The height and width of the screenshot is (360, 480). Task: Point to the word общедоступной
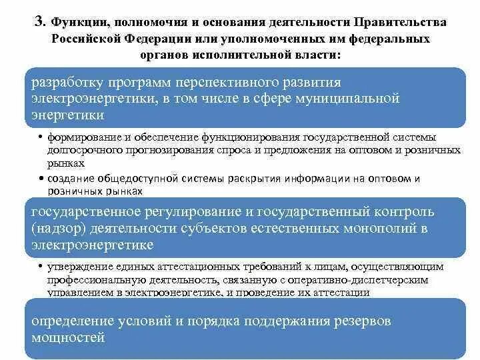coord(149,179)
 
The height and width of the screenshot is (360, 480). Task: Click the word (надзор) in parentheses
coord(56,229)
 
